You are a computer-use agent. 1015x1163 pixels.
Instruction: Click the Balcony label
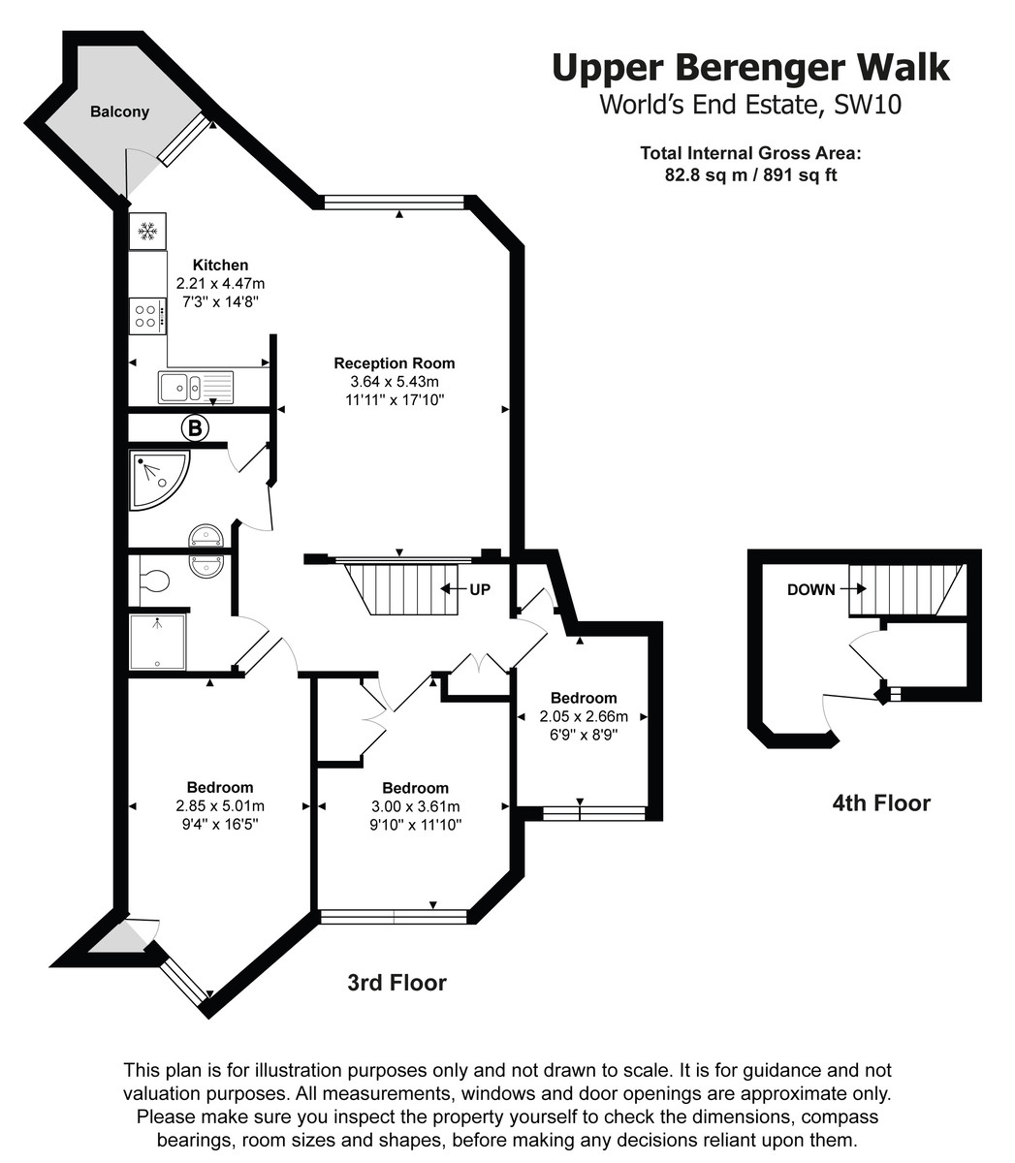click(x=119, y=111)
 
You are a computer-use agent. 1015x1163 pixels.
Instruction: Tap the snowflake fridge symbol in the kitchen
click(x=147, y=231)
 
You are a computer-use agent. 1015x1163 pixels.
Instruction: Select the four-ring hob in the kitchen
click(x=147, y=316)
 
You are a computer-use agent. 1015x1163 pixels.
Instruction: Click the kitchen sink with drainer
click(x=196, y=387)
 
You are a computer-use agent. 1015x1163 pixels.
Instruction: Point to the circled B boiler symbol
click(x=195, y=427)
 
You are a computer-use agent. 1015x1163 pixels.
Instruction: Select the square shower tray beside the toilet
click(x=157, y=642)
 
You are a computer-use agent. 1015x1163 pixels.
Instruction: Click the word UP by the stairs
click(x=479, y=589)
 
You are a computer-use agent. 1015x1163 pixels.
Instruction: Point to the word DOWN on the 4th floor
click(x=810, y=589)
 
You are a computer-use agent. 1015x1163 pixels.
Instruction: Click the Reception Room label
click(x=394, y=363)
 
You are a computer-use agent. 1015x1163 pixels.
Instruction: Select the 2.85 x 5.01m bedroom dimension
click(x=220, y=805)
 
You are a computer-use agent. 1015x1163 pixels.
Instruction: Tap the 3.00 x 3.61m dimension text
click(x=416, y=806)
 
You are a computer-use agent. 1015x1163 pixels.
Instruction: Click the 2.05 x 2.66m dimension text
click(x=584, y=716)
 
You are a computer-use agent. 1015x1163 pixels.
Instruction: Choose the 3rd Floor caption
click(x=396, y=983)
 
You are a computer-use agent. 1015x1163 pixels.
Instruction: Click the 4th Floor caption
click(x=881, y=803)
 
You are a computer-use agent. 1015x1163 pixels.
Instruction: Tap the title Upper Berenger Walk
click(x=750, y=68)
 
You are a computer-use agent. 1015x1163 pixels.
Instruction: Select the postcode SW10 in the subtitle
click(x=867, y=105)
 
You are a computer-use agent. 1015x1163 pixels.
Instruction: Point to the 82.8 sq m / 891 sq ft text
click(x=750, y=174)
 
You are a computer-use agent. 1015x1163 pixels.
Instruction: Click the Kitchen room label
click(x=221, y=265)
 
